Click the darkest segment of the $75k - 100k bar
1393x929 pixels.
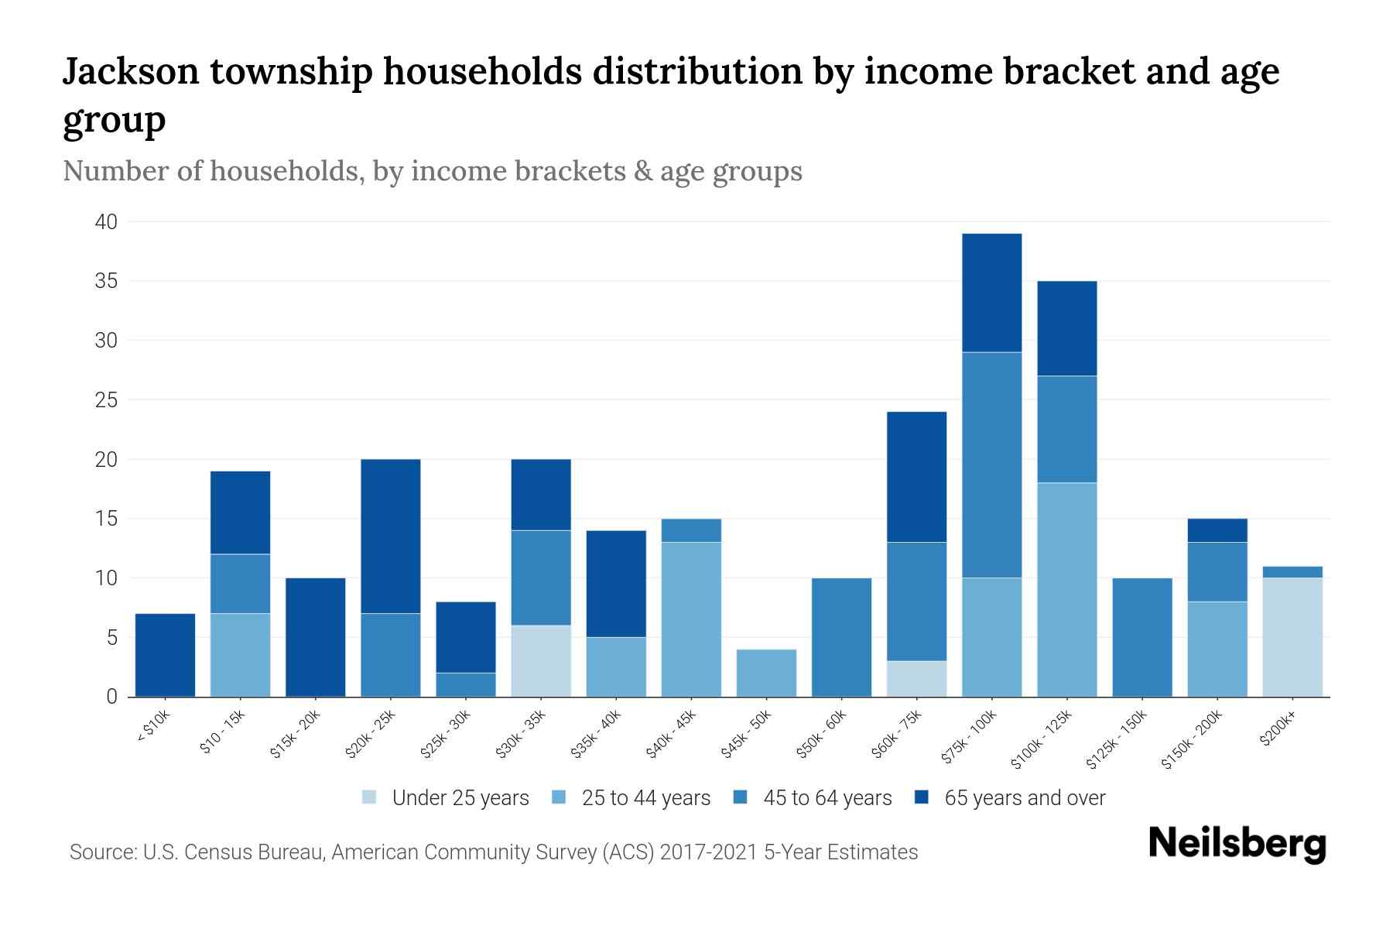coord(991,293)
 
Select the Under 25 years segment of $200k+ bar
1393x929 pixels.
coord(1292,637)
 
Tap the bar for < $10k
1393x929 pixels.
coord(165,655)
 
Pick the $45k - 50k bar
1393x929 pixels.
coord(766,673)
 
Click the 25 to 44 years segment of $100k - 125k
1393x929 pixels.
coord(1067,589)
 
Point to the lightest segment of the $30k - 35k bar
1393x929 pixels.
coord(541,660)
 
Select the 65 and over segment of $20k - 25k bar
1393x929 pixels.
coord(391,536)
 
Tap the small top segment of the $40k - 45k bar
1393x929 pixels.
coord(691,530)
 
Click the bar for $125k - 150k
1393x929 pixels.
coord(1142,637)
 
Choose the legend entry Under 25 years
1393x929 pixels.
coord(460,798)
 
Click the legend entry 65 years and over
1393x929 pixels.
coord(1025,798)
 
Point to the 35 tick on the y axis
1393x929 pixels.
coord(106,281)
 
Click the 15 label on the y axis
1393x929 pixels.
coord(106,519)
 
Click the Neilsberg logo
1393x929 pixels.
coord(1237,844)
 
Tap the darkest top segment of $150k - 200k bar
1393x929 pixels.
coord(1217,530)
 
